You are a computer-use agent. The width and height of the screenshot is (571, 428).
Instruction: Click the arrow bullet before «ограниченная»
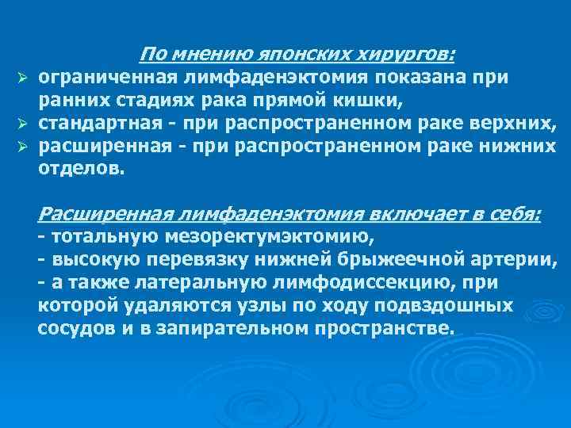coord(24,78)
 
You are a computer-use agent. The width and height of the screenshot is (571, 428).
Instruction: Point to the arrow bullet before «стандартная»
coord(24,124)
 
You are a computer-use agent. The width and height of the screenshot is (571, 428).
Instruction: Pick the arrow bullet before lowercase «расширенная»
coord(24,147)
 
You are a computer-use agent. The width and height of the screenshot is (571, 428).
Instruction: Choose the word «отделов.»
coord(82,169)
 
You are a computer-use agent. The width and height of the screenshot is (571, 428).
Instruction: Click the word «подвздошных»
coord(448,305)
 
